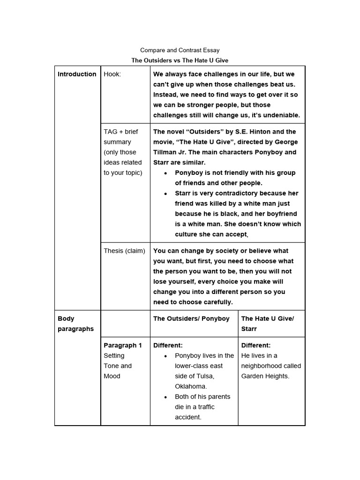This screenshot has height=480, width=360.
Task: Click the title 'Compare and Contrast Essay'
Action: pyautogui.click(x=180, y=50)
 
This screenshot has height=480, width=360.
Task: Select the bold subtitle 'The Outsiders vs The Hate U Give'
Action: pyautogui.click(x=180, y=60)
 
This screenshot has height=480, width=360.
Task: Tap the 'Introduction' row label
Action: pyautogui.click(x=77, y=74)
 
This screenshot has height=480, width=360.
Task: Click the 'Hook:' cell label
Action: pyautogui.click(x=112, y=74)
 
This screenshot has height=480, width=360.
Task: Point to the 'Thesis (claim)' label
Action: pyautogui.click(x=124, y=251)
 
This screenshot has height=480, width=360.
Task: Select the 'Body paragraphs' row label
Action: pyautogui.click(x=75, y=323)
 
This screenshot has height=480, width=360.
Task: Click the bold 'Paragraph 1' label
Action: pyautogui.click(x=123, y=345)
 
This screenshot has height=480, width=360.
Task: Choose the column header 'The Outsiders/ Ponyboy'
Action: pyautogui.click(x=191, y=318)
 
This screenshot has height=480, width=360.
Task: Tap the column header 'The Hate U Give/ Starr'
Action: pyautogui.click(x=267, y=323)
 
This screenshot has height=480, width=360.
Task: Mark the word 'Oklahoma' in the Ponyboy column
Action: pyautogui.click(x=191, y=387)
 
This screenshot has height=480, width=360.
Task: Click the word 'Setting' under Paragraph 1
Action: pyautogui.click(x=114, y=356)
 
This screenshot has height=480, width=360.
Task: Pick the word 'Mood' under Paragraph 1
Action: pyautogui.click(x=112, y=376)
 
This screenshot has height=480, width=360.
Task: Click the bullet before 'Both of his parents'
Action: pyautogui.click(x=165, y=397)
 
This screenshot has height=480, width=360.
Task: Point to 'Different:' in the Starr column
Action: pyautogui.click(x=256, y=345)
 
